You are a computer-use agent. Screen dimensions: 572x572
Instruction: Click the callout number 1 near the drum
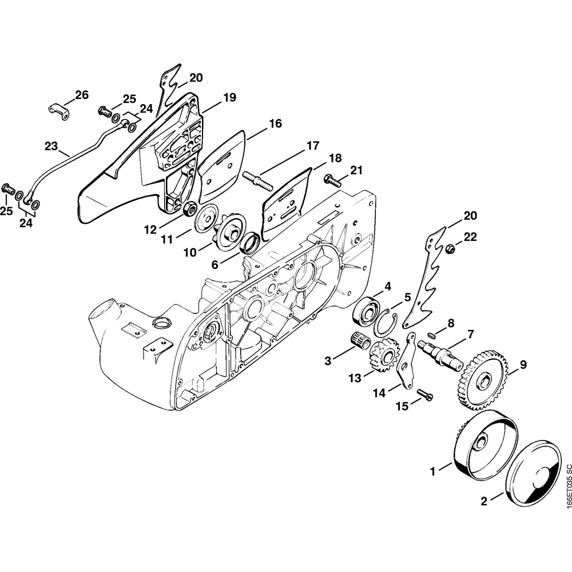click(432, 471)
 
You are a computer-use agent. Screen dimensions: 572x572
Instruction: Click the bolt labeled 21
click(332, 180)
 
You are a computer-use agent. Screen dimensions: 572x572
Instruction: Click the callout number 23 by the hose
click(51, 146)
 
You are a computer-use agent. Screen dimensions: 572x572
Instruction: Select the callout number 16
click(276, 124)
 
